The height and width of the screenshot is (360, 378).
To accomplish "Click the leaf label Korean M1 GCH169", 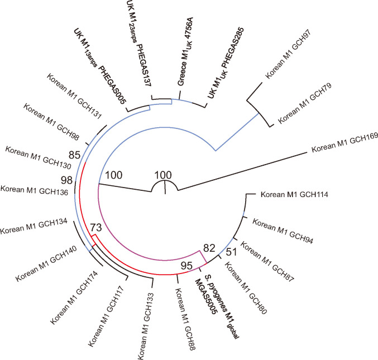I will pos(341,143).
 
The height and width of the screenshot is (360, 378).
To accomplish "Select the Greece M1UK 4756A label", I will pos(186,74).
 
